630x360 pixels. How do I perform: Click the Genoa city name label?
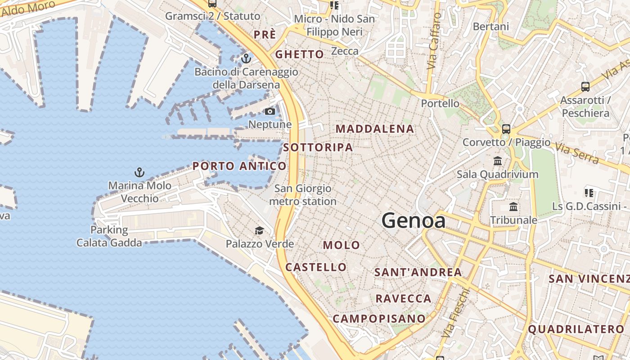(x=414, y=220)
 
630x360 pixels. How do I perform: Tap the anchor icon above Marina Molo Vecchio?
(x=139, y=172)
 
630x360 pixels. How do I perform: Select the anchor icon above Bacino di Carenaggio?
(x=246, y=58)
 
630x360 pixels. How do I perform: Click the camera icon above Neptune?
(x=270, y=111)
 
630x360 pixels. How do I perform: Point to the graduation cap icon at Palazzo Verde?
(x=259, y=231)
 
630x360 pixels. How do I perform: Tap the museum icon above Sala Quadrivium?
(x=498, y=161)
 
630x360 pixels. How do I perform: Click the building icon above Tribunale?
(x=513, y=207)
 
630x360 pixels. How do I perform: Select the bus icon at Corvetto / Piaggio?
(x=506, y=129)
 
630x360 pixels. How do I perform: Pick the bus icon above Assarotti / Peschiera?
(x=585, y=86)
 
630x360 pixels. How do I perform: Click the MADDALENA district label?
(x=375, y=129)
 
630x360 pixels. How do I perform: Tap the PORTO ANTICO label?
(x=239, y=166)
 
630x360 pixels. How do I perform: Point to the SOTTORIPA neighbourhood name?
(x=318, y=147)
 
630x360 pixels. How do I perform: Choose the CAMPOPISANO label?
(x=379, y=319)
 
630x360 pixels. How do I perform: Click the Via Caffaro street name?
(x=434, y=41)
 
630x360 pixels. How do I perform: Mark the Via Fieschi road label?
(x=455, y=313)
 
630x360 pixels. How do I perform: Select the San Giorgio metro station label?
(x=303, y=195)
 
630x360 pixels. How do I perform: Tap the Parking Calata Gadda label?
(x=109, y=236)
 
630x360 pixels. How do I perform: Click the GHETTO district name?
(x=299, y=54)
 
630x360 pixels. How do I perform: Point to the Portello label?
(x=440, y=103)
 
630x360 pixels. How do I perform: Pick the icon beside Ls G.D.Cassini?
(x=589, y=193)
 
